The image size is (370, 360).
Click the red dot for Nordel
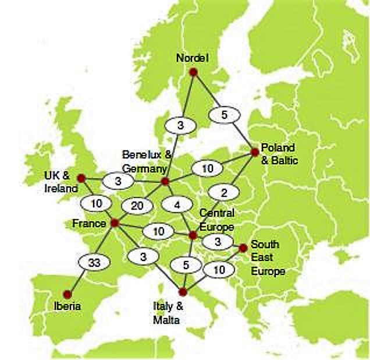pyautogui.click(x=194, y=72)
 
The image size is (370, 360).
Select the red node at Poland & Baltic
pyautogui.click(x=254, y=151)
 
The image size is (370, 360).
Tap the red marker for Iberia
pyautogui.click(x=67, y=294)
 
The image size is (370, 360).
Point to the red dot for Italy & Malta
pyautogui.click(x=183, y=291)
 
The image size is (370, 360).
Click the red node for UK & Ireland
pyautogui.click(x=81, y=178)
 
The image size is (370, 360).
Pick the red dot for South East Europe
pyautogui.click(x=243, y=248)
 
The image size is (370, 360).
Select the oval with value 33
pyautogui.click(x=94, y=263)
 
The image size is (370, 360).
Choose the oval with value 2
pyautogui.click(x=222, y=192)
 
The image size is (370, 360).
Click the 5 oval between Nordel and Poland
pyautogui.click(x=224, y=115)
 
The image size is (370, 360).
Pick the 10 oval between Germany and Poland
pyautogui.click(x=208, y=168)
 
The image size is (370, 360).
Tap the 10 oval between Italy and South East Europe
pyautogui.click(x=218, y=269)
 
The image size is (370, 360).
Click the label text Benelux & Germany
pyautogui.click(x=147, y=159)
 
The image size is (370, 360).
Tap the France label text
pyautogui.click(x=89, y=224)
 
